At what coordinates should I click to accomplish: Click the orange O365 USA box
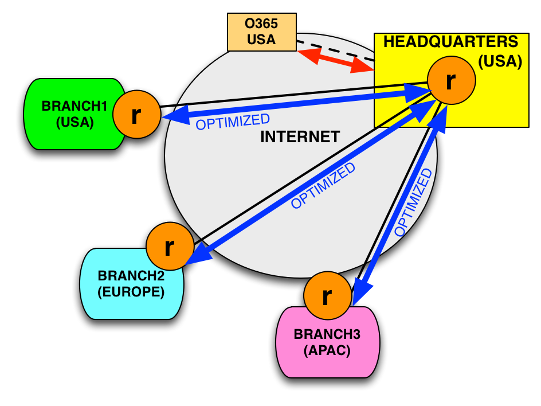[x=262, y=32]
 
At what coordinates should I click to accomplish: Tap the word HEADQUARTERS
[x=450, y=42]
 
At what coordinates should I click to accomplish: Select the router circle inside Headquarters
[x=451, y=80]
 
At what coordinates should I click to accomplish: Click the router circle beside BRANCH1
[x=136, y=115]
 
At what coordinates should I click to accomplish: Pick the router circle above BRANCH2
[x=170, y=246]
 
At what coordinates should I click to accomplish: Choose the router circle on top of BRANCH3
[x=327, y=295]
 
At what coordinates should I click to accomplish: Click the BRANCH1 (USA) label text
[x=75, y=114]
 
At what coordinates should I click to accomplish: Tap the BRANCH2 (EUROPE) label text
[x=131, y=284]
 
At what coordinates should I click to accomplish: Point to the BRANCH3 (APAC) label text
[x=327, y=342]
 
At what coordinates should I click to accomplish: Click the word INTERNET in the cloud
[x=300, y=137]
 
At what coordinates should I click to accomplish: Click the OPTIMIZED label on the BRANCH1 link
[x=233, y=122]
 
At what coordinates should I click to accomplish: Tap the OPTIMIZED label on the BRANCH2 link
[x=323, y=186]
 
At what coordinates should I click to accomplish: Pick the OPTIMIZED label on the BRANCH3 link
[x=413, y=202]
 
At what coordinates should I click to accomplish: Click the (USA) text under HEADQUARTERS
[x=500, y=61]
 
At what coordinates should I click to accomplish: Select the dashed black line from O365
[x=335, y=50]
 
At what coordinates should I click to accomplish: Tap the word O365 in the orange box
[x=261, y=25]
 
